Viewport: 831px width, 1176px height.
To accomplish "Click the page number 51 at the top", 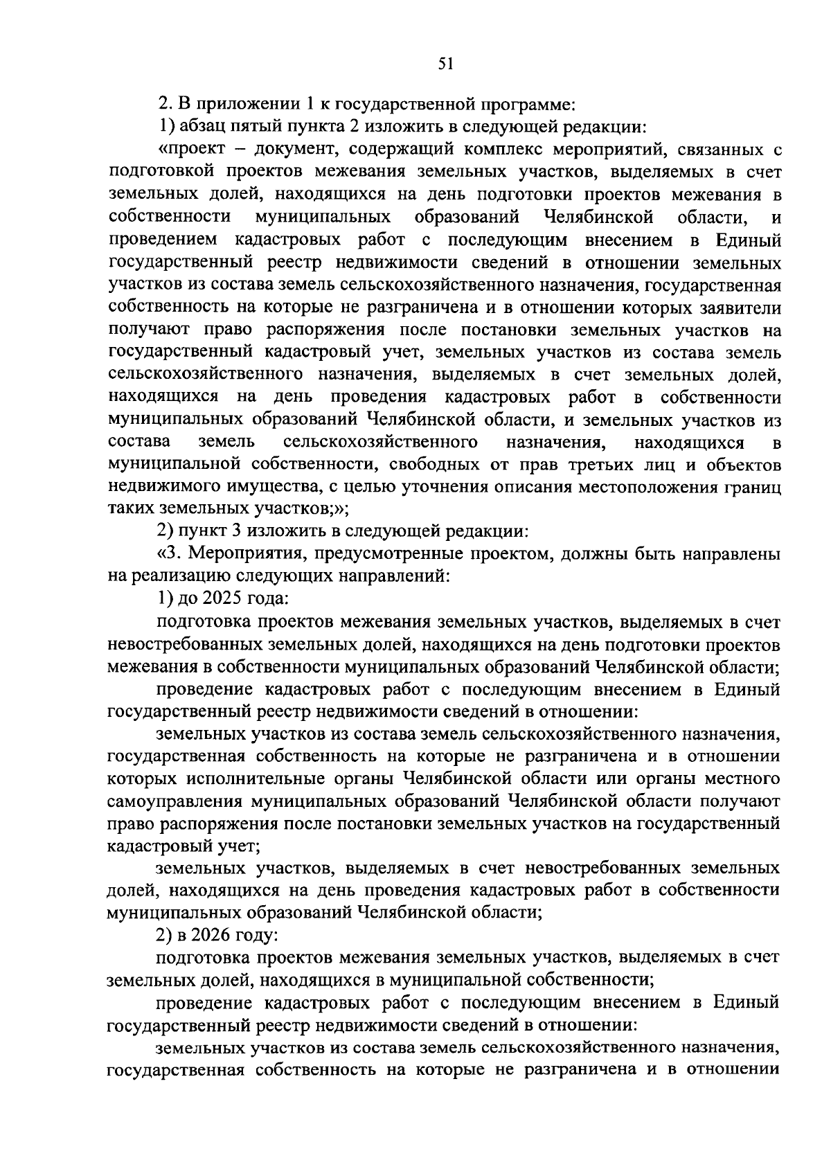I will [445, 64].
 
